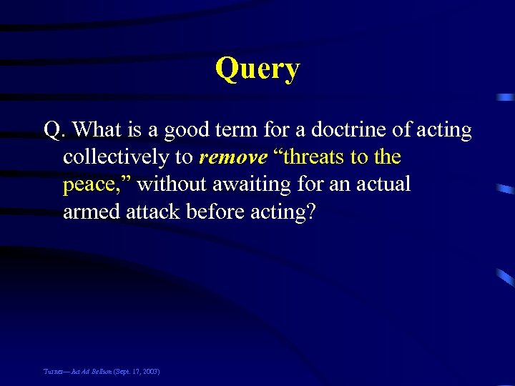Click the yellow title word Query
pos(257,69)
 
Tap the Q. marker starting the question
pos(55,130)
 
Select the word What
pos(96,130)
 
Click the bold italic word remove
pos(233,157)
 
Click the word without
pos(170,184)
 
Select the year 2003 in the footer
pos(149,372)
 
